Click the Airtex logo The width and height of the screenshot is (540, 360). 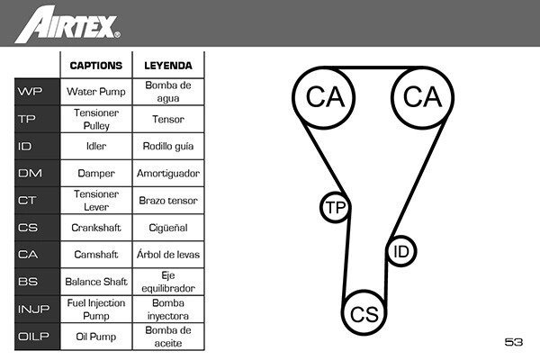point(67,25)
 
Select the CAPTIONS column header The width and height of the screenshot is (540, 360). point(96,66)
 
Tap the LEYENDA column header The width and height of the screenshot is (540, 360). point(168,66)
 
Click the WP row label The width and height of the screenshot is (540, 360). point(37,92)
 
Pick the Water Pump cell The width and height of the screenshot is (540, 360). point(96,92)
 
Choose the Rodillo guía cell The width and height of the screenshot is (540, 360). point(168,146)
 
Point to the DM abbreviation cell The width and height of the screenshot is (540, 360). point(37,173)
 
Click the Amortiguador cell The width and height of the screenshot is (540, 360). point(168,173)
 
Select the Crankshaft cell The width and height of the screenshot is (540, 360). point(96,228)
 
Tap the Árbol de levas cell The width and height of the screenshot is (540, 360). point(168,255)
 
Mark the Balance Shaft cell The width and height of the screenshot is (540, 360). point(96,282)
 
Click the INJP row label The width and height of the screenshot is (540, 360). point(37,309)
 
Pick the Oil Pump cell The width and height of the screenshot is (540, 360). point(96,337)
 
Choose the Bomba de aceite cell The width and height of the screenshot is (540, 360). point(168,337)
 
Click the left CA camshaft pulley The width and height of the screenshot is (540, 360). point(324,97)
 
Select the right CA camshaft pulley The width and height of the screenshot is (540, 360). point(423,97)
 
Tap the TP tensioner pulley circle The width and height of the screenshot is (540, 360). point(336,207)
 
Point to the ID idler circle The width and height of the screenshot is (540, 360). point(401,251)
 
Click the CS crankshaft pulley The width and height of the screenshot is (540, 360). point(364,313)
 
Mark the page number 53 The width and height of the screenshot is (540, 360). point(514,342)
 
